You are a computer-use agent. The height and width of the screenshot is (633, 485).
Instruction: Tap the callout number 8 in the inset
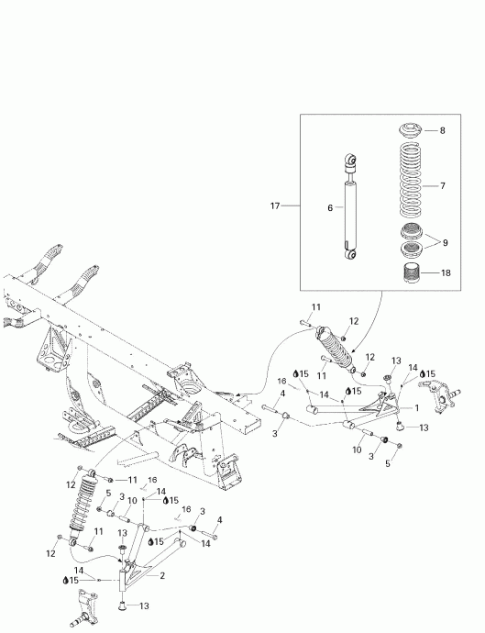tap(442, 130)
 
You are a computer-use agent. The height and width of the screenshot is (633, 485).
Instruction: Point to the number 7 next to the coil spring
tap(442, 185)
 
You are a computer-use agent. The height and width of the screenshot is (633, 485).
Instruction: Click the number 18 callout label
tap(446, 273)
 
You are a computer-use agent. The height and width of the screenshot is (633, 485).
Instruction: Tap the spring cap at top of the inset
tap(409, 130)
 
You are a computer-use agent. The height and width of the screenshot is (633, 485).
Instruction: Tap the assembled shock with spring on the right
tap(336, 350)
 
